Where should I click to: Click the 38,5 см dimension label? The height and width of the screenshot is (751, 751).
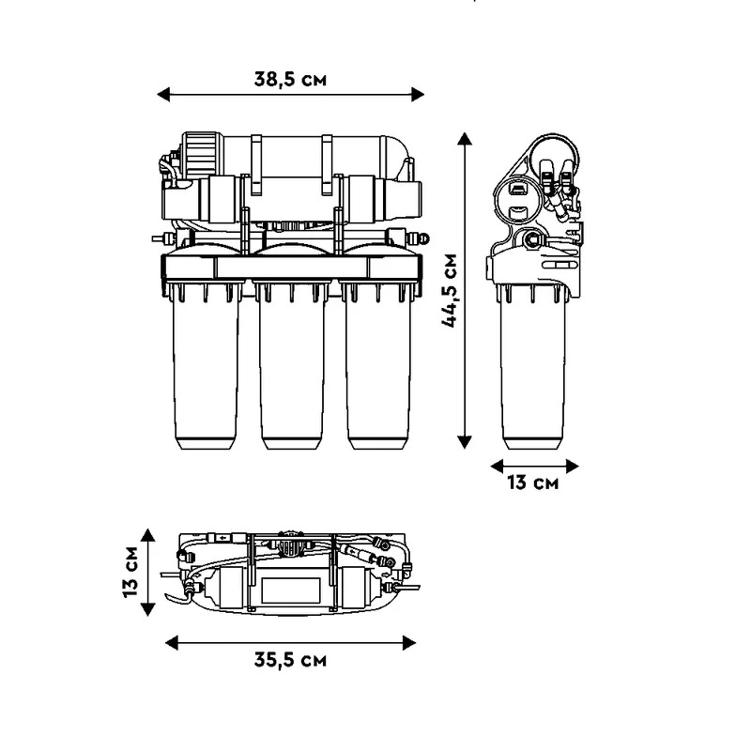290,79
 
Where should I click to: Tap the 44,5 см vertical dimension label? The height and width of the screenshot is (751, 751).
450,290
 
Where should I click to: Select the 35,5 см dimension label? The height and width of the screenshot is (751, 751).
290,661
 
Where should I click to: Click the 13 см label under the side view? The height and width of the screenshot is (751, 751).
533,483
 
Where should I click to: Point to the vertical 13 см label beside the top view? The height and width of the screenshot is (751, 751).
130,572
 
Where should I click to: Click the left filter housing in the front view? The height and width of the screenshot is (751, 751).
206,366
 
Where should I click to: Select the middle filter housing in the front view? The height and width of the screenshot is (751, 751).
291,366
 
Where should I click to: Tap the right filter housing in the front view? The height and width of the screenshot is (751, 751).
377,366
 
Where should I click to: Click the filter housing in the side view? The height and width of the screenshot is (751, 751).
532,366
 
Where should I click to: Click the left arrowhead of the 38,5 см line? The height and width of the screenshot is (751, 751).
162,95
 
